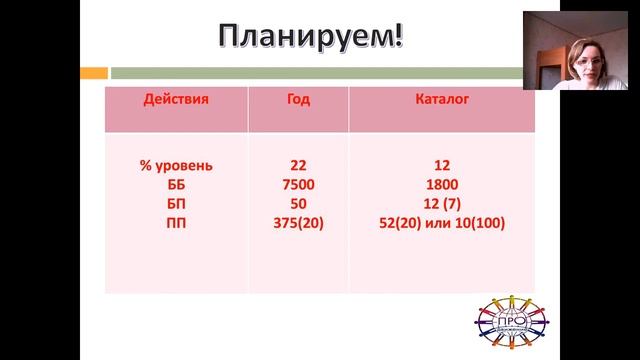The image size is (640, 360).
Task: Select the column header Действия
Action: click(x=177, y=100)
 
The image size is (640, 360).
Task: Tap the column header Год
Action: click(x=298, y=100)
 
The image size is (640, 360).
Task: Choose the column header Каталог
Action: click(x=442, y=100)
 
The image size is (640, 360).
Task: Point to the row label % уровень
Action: click(x=177, y=164)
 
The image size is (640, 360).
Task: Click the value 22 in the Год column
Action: click(x=298, y=164)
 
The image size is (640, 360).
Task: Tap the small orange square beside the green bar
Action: click(x=99, y=72)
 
